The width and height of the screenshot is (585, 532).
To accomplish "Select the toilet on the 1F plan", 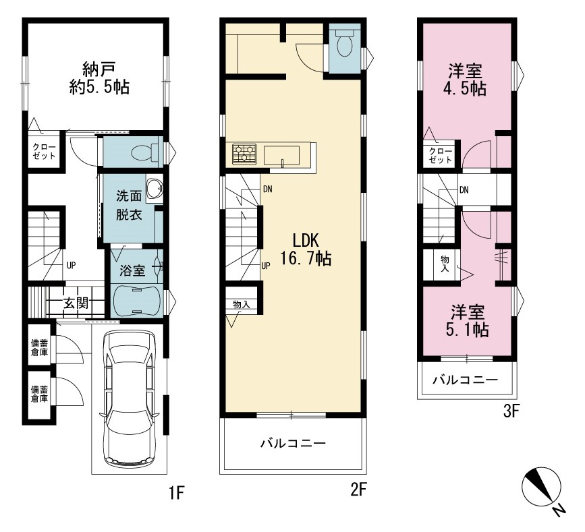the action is (x=144, y=153).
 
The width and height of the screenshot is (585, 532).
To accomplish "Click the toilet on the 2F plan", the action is (x=345, y=42).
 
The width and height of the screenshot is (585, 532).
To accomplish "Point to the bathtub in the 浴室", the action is (x=136, y=301).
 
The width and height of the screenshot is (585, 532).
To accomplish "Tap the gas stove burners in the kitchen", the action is (x=244, y=154).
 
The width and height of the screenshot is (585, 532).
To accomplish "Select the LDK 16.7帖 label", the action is (x=306, y=249).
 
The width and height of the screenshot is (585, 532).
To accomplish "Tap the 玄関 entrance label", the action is (x=76, y=303).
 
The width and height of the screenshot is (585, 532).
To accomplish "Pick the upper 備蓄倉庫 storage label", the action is (x=39, y=347).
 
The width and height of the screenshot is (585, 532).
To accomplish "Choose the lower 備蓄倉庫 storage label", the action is (x=39, y=394).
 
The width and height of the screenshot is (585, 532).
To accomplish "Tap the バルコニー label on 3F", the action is (x=466, y=380).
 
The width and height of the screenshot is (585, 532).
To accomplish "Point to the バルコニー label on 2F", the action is (x=293, y=443).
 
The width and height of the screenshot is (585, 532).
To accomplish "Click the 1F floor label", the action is (x=177, y=493).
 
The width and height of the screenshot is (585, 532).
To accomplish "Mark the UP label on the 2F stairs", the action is (x=266, y=266).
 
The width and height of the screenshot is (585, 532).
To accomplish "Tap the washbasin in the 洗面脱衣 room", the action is (x=154, y=189).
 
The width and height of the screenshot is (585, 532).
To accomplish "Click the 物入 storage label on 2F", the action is (x=241, y=304).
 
